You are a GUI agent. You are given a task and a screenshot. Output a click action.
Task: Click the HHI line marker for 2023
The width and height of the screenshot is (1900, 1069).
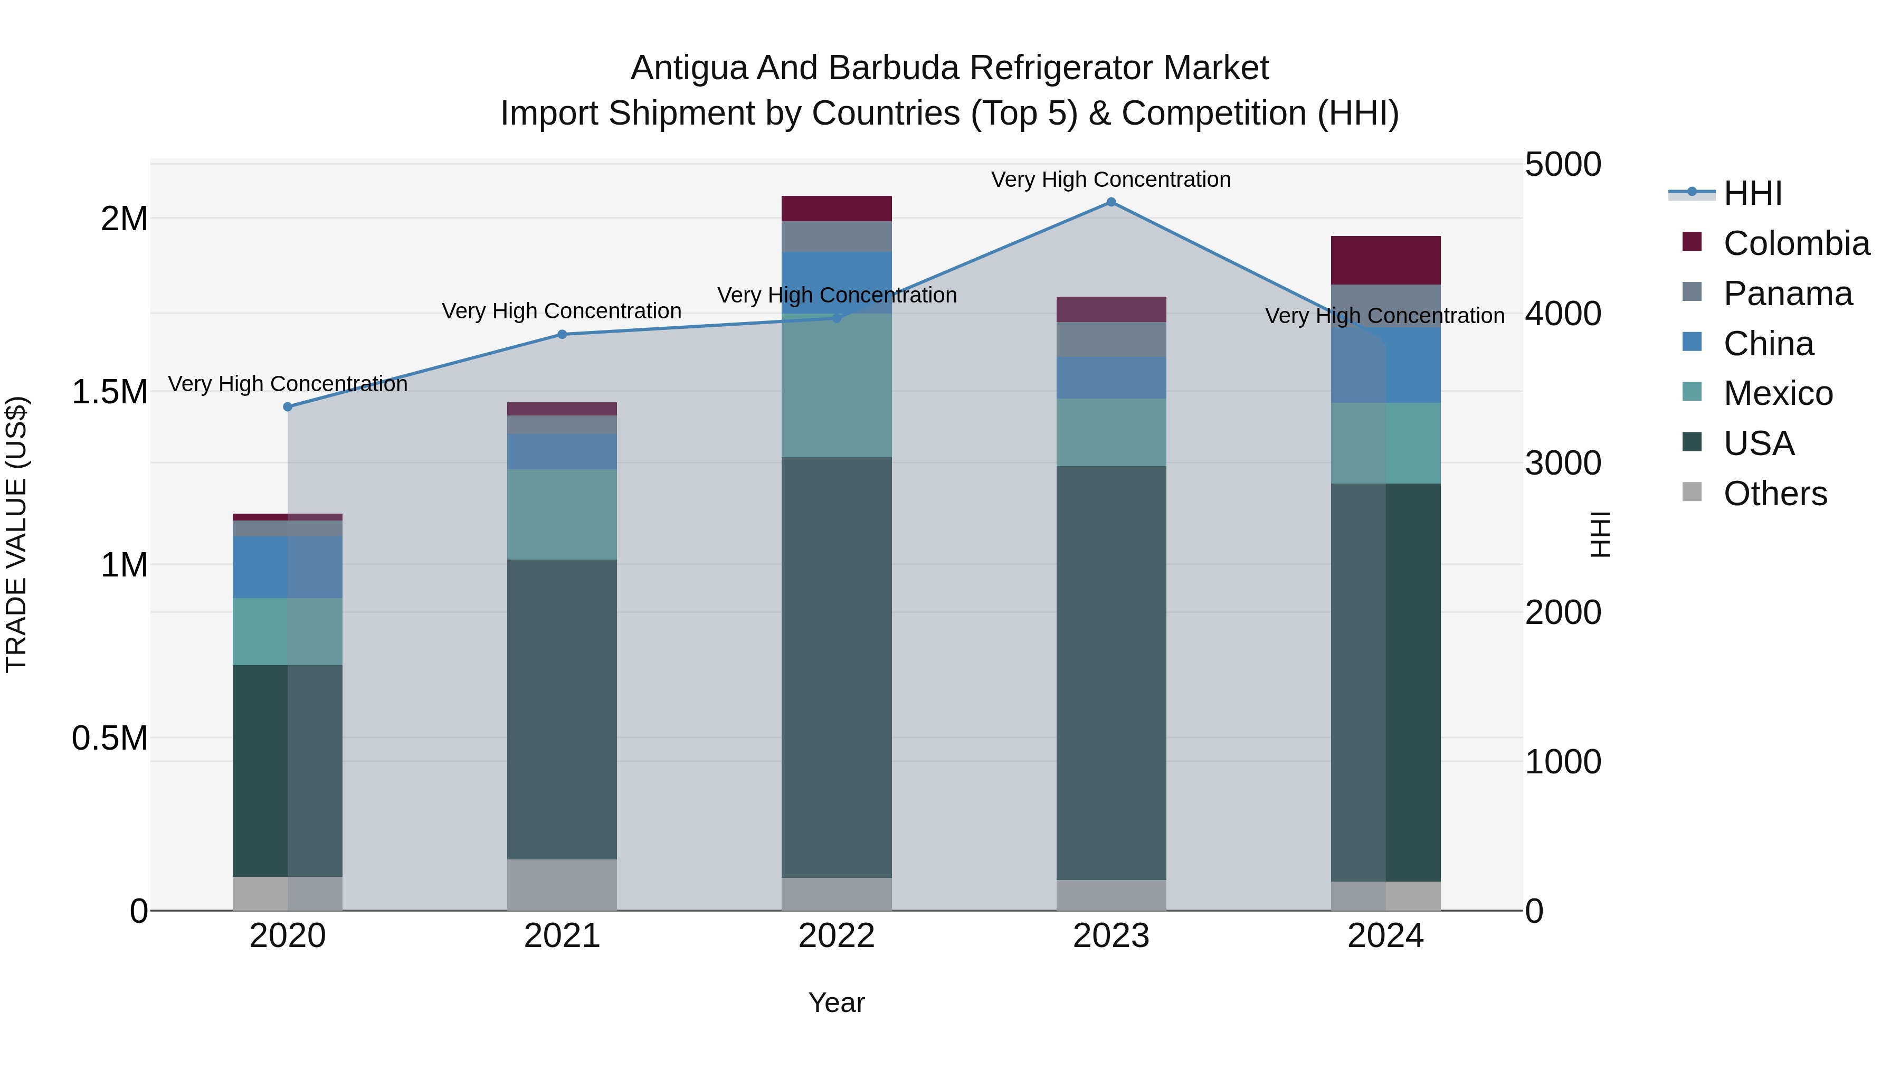pos(1111,202)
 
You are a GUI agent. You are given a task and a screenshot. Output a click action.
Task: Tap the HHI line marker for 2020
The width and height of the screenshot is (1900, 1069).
pos(288,406)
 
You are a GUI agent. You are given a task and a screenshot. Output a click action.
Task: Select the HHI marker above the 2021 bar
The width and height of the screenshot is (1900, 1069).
pos(562,334)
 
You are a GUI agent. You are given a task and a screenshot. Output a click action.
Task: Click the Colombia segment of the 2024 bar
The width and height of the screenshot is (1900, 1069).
pos(1385,260)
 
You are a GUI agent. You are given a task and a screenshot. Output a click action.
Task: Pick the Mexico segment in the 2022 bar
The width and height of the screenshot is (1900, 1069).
pos(837,386)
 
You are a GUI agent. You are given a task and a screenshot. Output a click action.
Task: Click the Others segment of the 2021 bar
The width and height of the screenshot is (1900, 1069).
pos(562,885)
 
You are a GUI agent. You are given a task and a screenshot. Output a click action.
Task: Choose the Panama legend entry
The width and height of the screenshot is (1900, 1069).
pos(1787,294)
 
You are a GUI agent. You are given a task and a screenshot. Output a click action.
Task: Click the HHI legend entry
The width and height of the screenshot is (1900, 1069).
pos(1752,193)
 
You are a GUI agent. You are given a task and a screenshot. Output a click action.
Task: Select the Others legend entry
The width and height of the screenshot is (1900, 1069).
pos(1774,494)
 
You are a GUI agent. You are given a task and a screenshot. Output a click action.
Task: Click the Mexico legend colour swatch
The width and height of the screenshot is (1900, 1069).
pos(1692,392)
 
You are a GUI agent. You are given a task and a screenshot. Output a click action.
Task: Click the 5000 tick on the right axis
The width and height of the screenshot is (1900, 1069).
pos(1562,165)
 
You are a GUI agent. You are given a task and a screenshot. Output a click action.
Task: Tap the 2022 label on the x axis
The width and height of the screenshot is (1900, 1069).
pos(837,936)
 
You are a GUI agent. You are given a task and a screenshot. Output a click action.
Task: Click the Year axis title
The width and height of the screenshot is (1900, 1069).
pos(837,1002)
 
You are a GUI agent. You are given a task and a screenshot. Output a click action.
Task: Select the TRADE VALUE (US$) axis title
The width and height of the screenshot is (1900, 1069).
pos(16,534)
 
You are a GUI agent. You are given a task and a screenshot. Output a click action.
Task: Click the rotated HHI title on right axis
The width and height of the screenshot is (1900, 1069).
pos(1600,534)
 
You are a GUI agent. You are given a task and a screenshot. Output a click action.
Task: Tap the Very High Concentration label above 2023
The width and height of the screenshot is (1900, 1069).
pos(1111,179)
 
